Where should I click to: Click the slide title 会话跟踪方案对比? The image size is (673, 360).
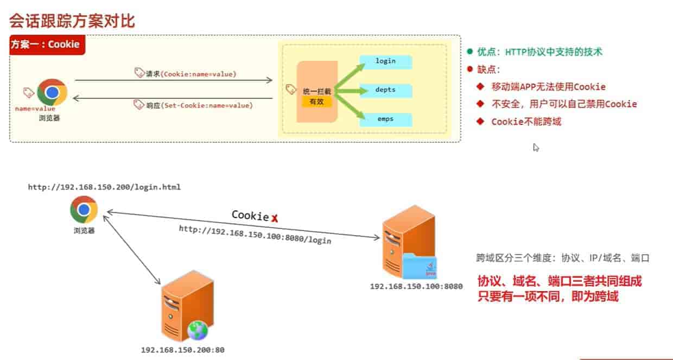[72, 21]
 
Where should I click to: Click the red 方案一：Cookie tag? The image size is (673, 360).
[47, 45]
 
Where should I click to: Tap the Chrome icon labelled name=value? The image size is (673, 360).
[52, 92]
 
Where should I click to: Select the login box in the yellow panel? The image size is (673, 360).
[386, 61]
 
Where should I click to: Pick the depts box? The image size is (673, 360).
[386, 90]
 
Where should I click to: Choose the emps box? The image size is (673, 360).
[386, 119]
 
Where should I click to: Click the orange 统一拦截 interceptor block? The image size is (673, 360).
[317, 92]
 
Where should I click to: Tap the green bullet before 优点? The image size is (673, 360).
[470, 52]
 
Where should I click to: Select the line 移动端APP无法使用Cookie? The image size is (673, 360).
[548, 87]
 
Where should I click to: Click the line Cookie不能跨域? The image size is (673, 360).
[526, 122]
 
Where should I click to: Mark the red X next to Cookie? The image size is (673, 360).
[275, 218]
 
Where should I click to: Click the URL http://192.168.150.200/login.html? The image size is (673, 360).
[104, 187]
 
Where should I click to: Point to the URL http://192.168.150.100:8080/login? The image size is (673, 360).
[255, 235]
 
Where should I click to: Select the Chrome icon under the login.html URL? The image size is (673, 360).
[84, 210]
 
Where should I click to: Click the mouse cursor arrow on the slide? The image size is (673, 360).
[536, 147]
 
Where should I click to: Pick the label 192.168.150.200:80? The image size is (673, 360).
[182, 350]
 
